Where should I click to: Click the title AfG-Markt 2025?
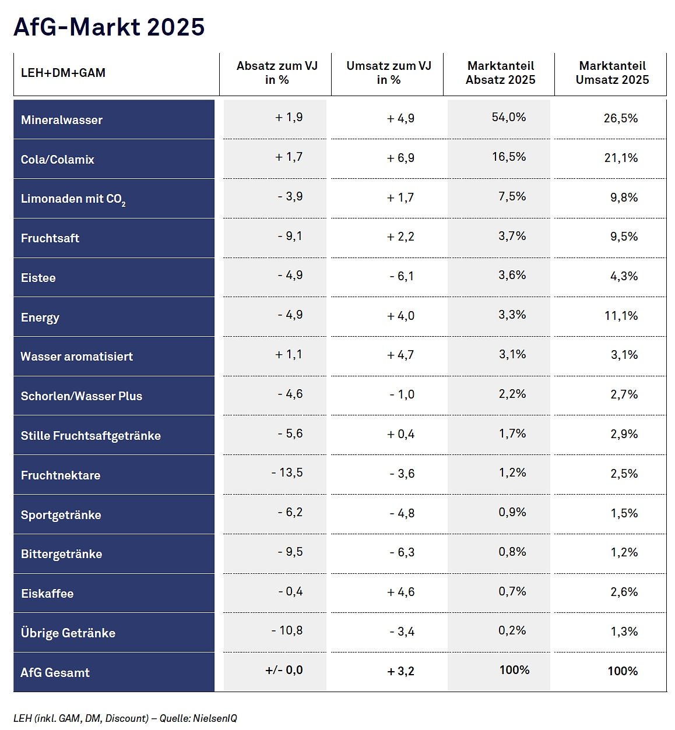109,27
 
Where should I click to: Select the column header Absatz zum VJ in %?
277,73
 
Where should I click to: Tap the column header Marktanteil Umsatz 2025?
612,73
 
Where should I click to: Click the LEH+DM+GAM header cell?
63,73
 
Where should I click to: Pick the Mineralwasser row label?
61,120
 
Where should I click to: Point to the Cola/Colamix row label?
57,160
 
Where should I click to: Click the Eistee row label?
38,277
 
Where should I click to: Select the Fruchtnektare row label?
60,475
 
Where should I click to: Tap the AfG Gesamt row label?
55,672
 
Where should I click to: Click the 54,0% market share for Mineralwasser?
509,117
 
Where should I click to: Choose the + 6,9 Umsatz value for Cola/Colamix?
400,158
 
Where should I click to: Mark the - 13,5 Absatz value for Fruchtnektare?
287,472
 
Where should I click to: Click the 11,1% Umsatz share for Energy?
621,316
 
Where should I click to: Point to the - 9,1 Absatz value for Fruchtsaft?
290,236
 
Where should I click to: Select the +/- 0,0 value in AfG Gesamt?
284,670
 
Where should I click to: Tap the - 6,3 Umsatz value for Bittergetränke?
402,552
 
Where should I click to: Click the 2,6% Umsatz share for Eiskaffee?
624,592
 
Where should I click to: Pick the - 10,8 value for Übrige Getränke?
287,630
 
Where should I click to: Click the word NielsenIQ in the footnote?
215,718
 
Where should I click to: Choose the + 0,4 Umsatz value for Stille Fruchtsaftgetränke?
400,434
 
